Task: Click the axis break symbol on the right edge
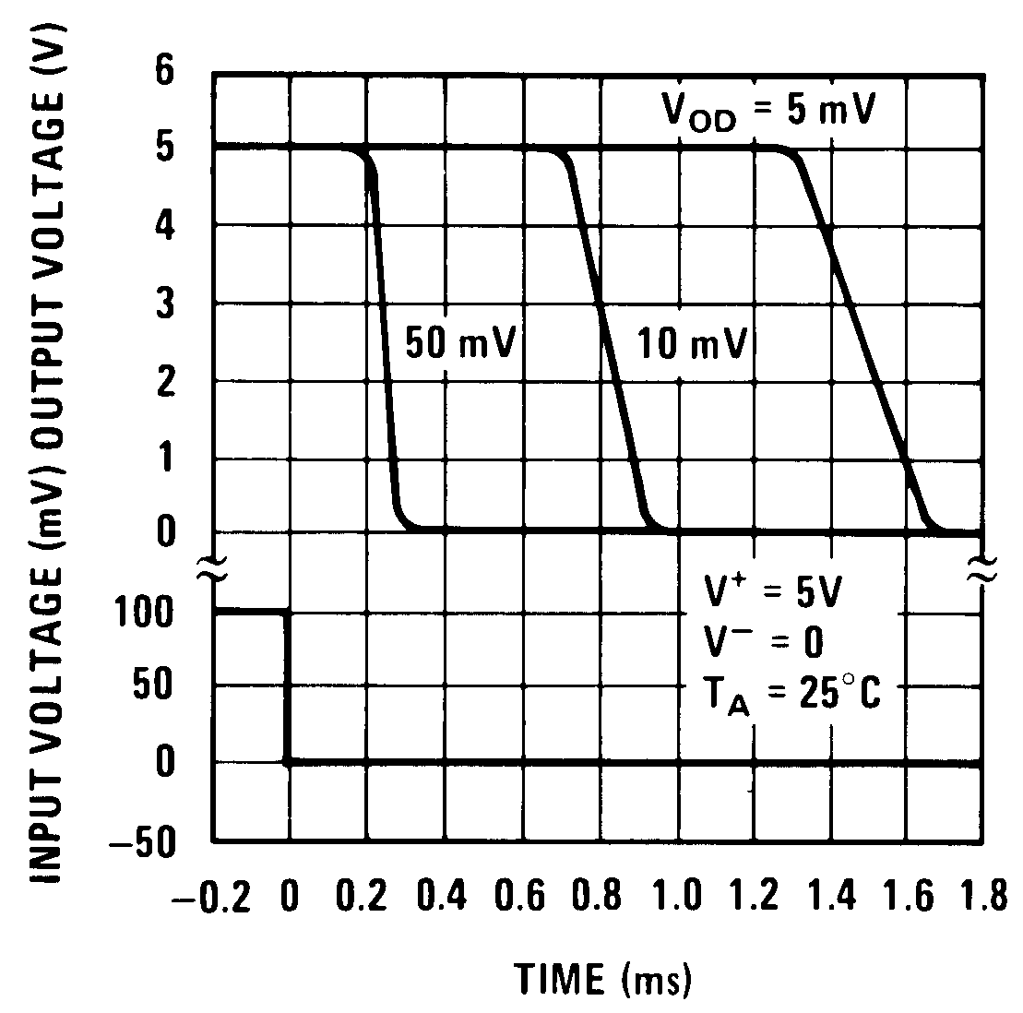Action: point(980,571)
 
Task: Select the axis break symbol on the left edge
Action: point(213,573)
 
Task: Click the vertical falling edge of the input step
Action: point(289,686)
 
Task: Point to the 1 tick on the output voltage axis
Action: point(165,459)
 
